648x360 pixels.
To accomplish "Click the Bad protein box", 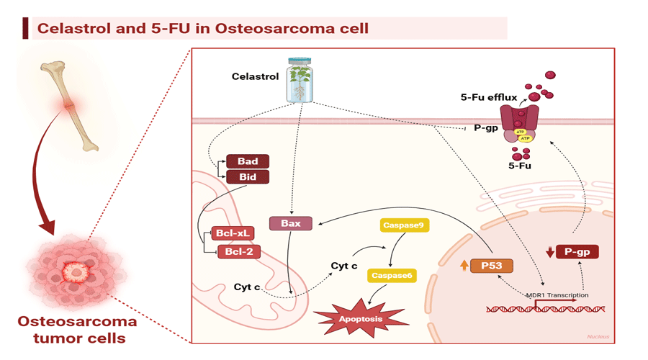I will [248, 161].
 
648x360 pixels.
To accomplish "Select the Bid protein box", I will [248, 176].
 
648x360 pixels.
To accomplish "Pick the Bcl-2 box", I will [238, 251].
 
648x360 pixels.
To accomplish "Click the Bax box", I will [290, 223].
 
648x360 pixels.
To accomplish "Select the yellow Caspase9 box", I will [404, 225].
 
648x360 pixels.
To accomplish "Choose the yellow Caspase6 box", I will [392, 274].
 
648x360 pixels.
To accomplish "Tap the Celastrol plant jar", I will [301, 81].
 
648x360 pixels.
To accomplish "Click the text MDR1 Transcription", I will [557, 295].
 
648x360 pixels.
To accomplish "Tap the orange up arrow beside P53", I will [464, 265].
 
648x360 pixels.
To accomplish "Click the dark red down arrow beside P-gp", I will [550, 252].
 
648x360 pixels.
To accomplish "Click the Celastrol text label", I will [255, 76].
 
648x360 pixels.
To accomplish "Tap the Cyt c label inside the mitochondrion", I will [247, 287].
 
